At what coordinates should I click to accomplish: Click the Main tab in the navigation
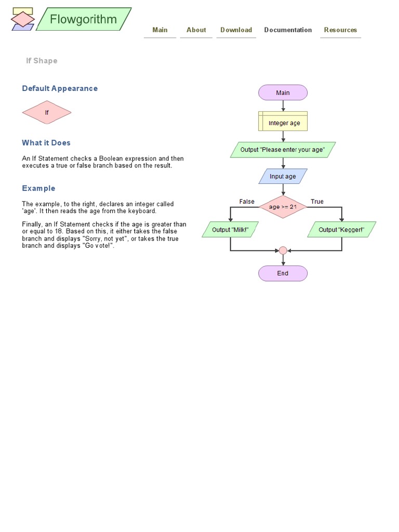[160, 30]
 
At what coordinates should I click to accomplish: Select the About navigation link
[196, 30]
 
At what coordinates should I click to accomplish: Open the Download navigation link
[236, 30]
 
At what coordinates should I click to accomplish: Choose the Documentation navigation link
[288, 30]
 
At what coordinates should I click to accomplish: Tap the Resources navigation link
[340, 30]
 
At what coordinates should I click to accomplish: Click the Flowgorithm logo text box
[84, 20]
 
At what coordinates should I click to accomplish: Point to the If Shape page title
[42, 61]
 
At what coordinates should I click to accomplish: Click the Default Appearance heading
[60, 88]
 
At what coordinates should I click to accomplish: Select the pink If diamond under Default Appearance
[47, 112]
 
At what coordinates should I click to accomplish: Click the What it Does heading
[46, 143]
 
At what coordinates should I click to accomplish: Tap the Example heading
[38, 188]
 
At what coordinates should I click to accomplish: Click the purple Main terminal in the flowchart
[283, 93]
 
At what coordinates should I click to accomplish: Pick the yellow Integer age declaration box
[283, 123]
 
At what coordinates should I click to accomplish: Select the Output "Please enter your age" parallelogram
[283, 150]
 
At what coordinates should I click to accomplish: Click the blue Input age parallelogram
[283, 176]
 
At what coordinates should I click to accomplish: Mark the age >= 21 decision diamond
[283, 207]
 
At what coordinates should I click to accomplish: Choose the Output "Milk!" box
[230, 230]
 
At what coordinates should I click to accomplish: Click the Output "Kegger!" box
[341, 230]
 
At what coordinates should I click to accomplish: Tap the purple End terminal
[283, 273]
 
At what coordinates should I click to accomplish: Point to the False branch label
[247, 202]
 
